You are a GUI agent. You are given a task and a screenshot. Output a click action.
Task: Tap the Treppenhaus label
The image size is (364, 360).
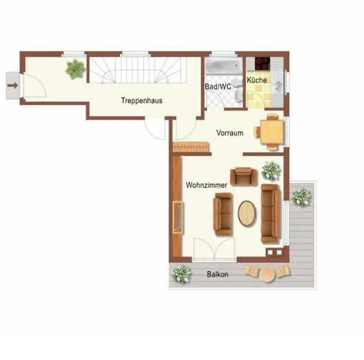click(x=142, y=101)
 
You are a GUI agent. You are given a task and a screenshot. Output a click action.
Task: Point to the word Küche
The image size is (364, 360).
click(x=257, y=81)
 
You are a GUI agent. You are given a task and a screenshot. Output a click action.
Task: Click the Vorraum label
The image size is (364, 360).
click(x=229, y=133)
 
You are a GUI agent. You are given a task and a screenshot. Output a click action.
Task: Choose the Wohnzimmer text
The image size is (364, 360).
click(x=206, y=185)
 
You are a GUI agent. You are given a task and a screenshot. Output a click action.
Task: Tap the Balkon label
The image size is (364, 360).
click(x=218, y=274)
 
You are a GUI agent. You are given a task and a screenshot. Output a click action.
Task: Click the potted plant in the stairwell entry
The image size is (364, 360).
click(x=74, y=69)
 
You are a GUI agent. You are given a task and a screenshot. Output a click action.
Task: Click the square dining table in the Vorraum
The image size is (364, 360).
click(x=271, y=131)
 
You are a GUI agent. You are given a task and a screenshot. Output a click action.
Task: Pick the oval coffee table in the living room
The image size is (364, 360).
click(x=247, y=213)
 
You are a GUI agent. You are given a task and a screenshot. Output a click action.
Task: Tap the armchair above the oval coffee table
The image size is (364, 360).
click(x=242, y=176)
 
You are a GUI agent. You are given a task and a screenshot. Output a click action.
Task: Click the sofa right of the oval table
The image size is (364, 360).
click(x=270, y=212)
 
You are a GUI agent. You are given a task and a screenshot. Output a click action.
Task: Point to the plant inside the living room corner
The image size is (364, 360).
click(x=271, y=171)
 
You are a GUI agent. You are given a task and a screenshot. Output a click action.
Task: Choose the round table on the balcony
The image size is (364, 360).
click(x=268, y=274)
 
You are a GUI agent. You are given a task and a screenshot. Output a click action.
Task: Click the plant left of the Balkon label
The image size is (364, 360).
click(x=182, y=274)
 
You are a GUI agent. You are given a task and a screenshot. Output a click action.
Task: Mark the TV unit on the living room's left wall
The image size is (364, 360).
click(x=178, y=218)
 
